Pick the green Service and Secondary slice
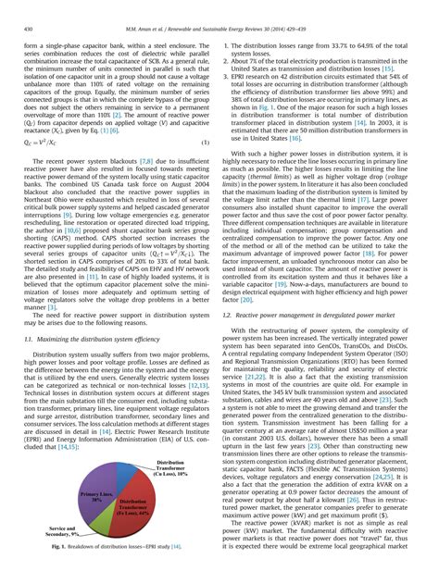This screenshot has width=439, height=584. [x=101, y=528]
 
